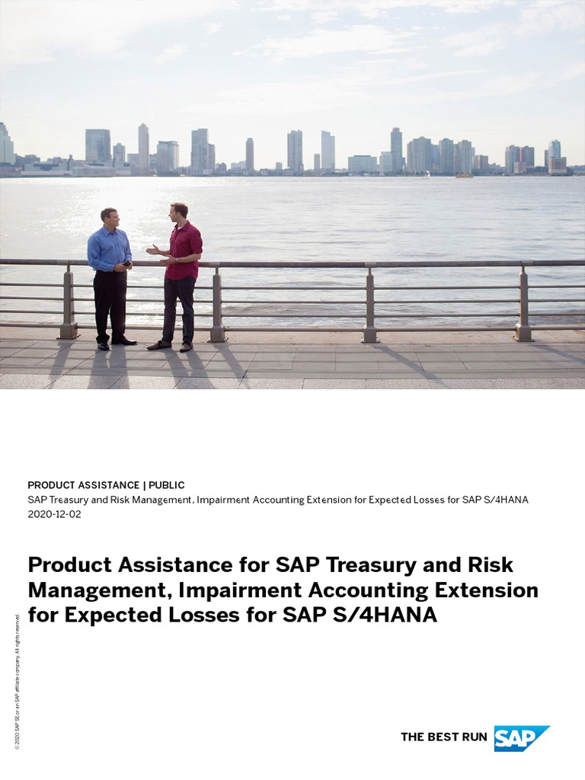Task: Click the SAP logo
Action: (521, 738)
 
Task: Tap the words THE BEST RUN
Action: (443, 737)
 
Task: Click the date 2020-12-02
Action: (54, 514)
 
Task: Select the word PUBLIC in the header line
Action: (166, 485)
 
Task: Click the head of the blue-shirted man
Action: (109, 217)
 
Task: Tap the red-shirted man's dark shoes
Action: (171, 346)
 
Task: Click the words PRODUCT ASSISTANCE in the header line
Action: (83, 485)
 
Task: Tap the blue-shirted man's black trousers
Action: (110, 305)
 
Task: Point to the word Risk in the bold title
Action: (487, 565)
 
